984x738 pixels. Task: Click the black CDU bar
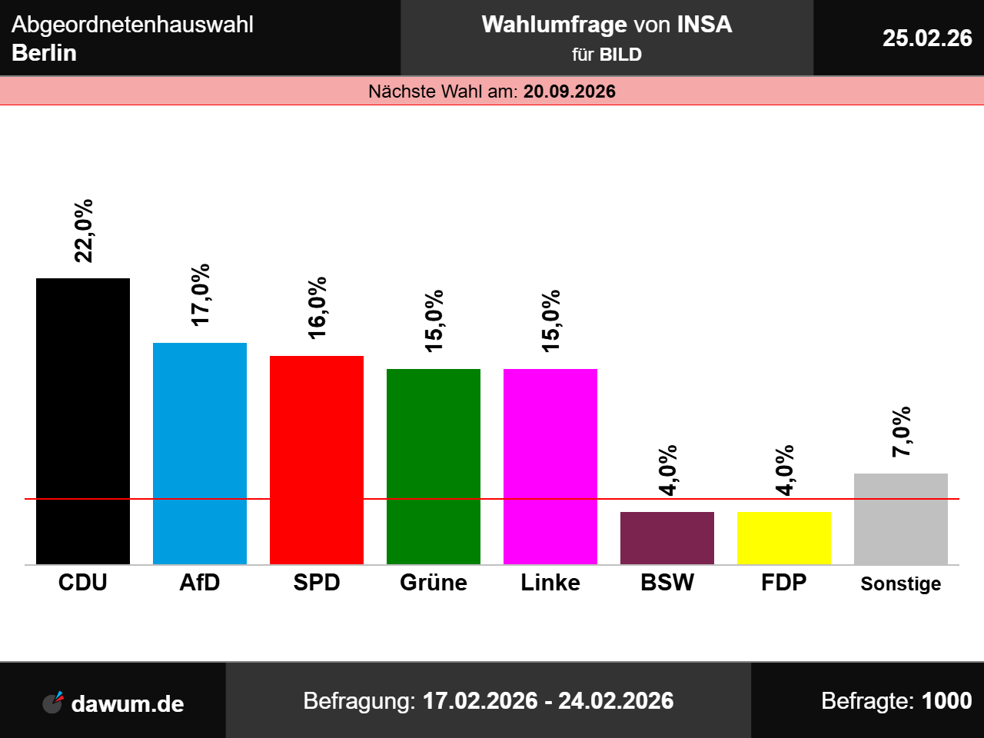[83, 421]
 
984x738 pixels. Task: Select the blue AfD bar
[200, 454]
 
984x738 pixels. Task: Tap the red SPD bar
[317, 460]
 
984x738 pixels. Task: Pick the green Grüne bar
[434, 467]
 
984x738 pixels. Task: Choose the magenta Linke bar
[550, 467]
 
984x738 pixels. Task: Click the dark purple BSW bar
[667, 538]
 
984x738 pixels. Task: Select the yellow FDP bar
[784, 538]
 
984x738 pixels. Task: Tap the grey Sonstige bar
[901, 519]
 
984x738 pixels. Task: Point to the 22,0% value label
[83, 231]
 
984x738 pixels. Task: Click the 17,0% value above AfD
[200, 295]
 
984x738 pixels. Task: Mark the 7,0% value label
[901, 432]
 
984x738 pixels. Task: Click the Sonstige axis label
[901, 583]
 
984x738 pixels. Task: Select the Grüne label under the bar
[434, 583]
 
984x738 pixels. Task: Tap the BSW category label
[667, 583]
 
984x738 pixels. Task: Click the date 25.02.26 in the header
[927, 38]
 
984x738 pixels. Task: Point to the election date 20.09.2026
[570, 91]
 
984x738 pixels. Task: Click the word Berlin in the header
[45, 53]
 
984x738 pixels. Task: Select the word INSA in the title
[704, 25]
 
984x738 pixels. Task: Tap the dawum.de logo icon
[53, 702]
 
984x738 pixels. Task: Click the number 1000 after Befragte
[946, 701]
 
